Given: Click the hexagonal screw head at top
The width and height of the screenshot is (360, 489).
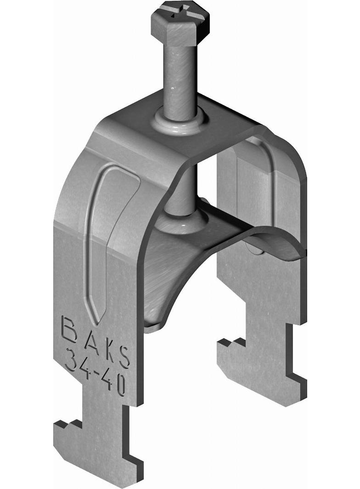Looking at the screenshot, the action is (180, 24).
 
